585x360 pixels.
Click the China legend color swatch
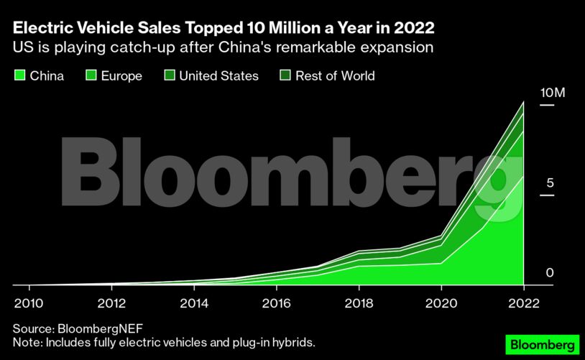click(x=19, y=75)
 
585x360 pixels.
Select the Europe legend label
click(x=121, y=75)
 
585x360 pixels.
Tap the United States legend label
click(x=218, y=75)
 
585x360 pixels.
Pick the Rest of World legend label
click(x=336, y=75)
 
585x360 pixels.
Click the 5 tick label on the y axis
click(x=550, y=183)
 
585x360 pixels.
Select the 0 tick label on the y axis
click(x=550, y=273)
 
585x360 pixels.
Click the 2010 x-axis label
click(x=27, y=301)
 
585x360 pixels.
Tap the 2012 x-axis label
click(x=110, y=301)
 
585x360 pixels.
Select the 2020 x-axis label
click(x=441, y=301)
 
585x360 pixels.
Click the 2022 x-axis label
click(x=523, y=301)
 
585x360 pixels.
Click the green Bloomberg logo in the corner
click(x=543, y=344)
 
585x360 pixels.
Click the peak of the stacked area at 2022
click(x=523, y=103)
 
